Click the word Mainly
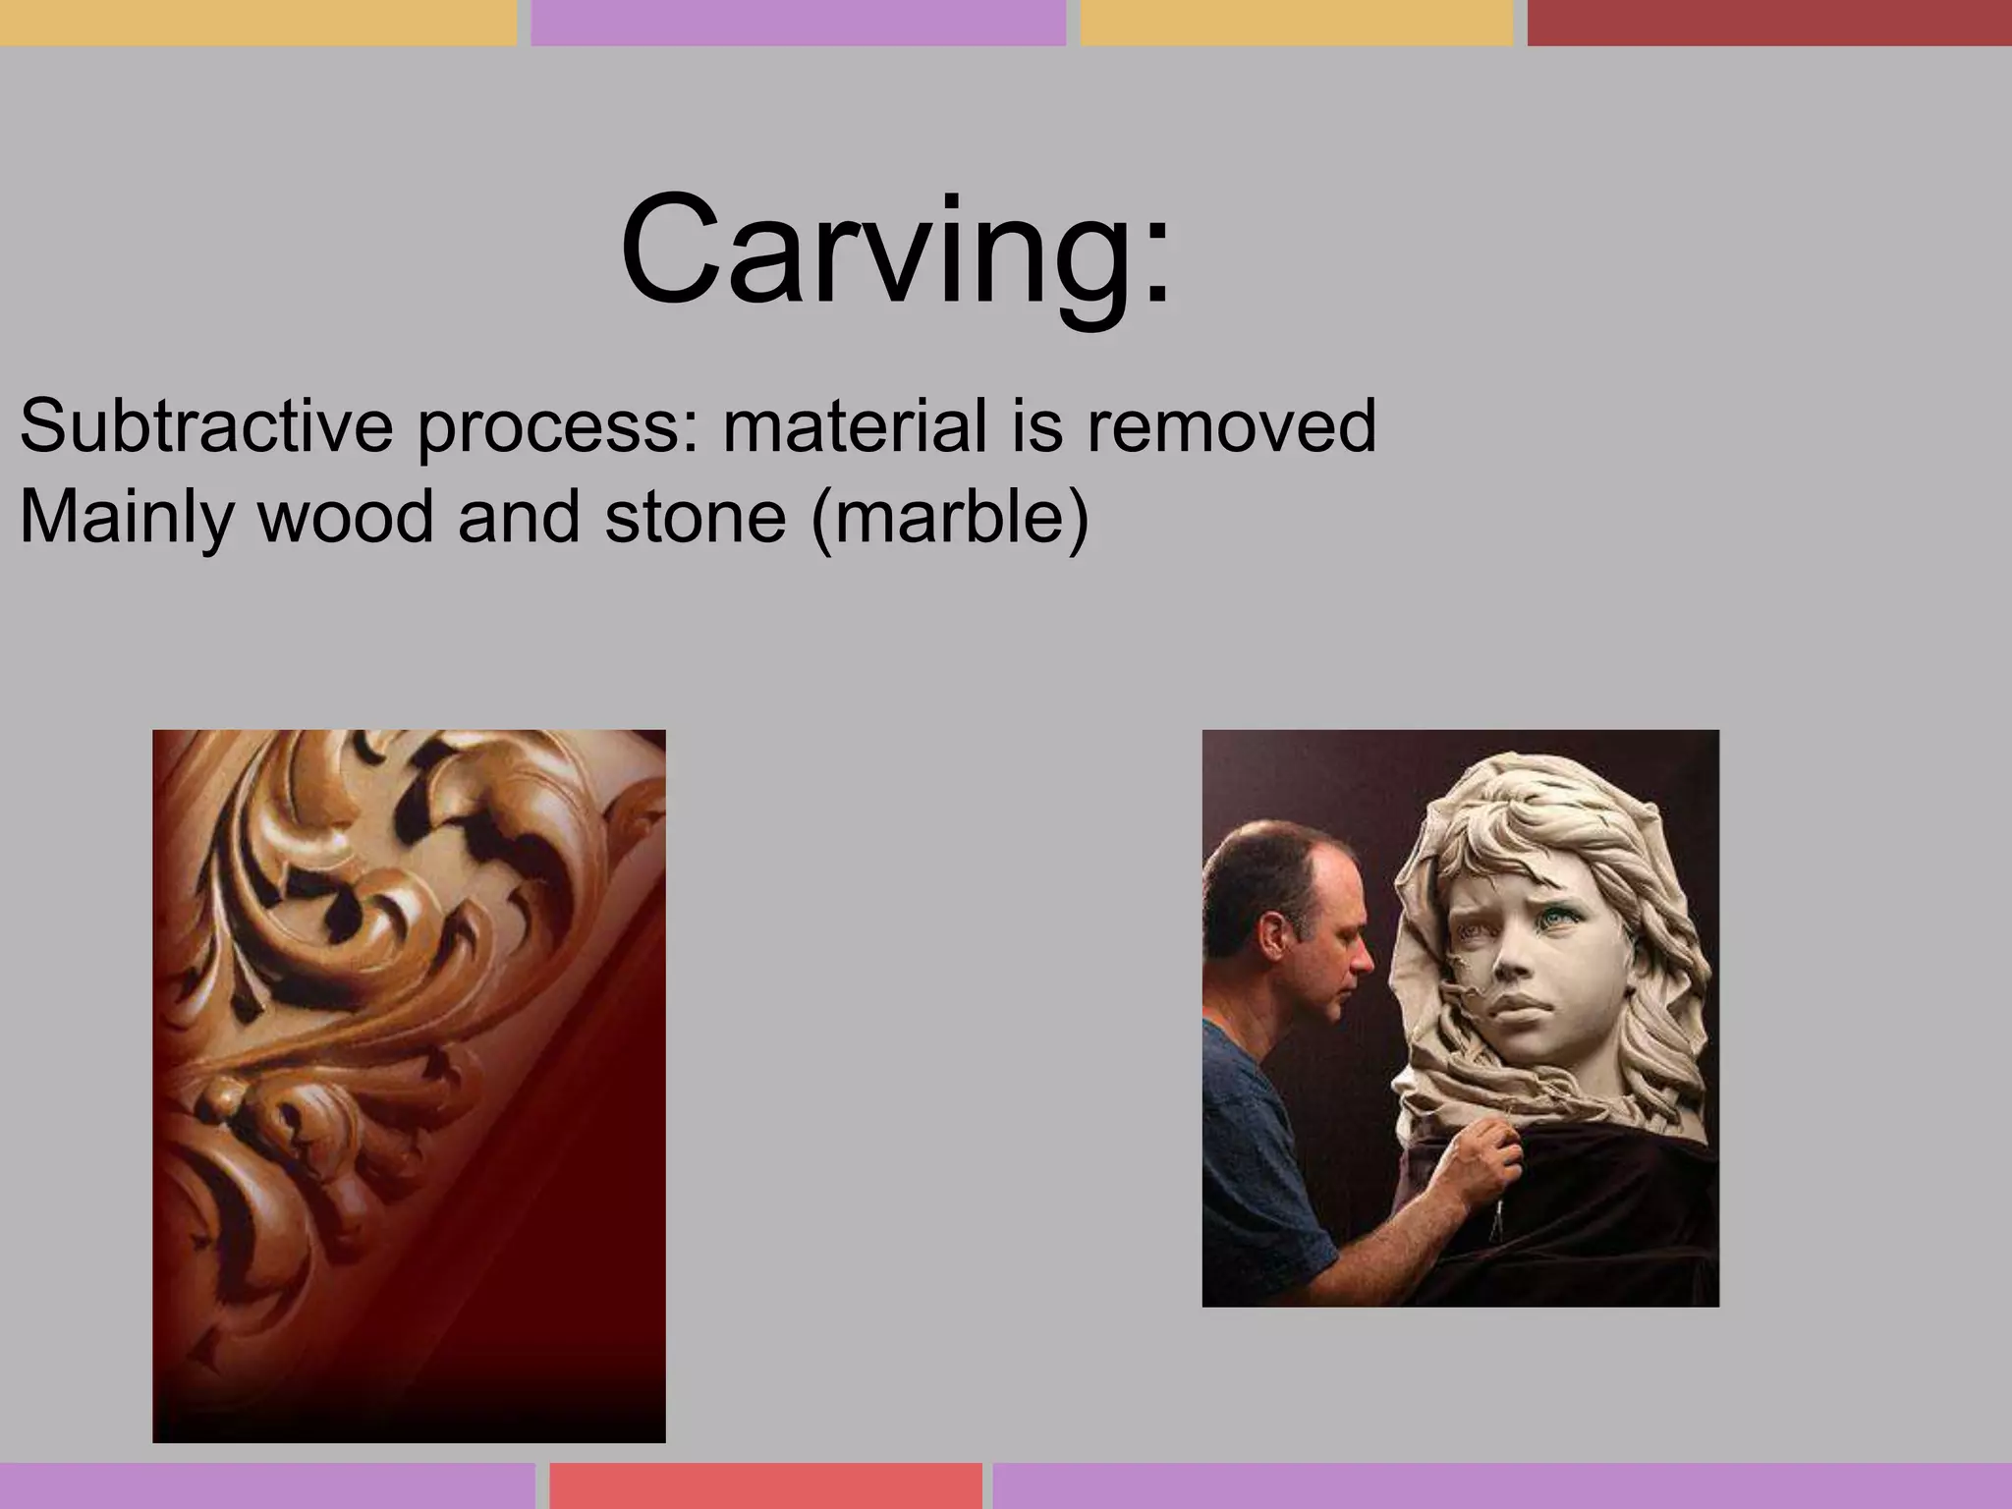coord(126,519)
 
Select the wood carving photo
coord(409,1086)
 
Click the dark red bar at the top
coord(1768,22)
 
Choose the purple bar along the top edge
coord(798,22)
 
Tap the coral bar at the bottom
coord(765,1484)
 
